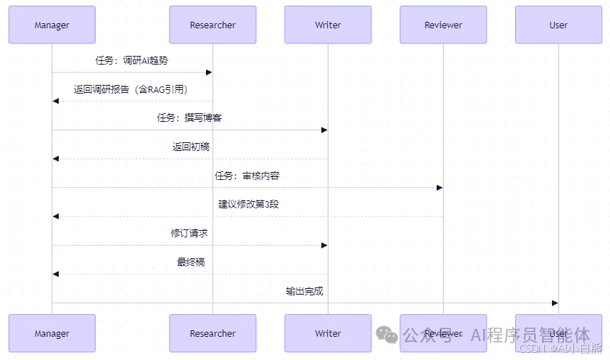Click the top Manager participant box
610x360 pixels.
click(51, 25)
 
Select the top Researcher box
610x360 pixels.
click(213, 25)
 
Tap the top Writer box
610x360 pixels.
click(328, 25)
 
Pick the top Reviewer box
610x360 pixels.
click(443, 25)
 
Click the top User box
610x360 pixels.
click(559, 25)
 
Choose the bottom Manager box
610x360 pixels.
click(51, 333)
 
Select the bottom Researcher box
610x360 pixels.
click(213, 333)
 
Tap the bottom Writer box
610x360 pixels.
click(328, 333)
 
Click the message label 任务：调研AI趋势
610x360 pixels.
click(132, 60)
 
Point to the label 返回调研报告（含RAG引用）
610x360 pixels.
click(132, 89)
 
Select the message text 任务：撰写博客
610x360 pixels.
click(189, 118)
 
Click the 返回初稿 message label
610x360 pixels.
click(191, 147)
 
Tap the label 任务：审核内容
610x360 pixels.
click(247, 176)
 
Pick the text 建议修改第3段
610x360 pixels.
click(248, 204)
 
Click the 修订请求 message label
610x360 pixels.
click(189, 233)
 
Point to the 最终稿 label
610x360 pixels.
click(191, 262)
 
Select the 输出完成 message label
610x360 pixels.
click(304, 291)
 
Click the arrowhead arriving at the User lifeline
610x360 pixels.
click(554, 303)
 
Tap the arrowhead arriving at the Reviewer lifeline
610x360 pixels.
click(439, 188)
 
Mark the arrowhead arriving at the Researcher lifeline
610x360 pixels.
click(208, 72)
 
